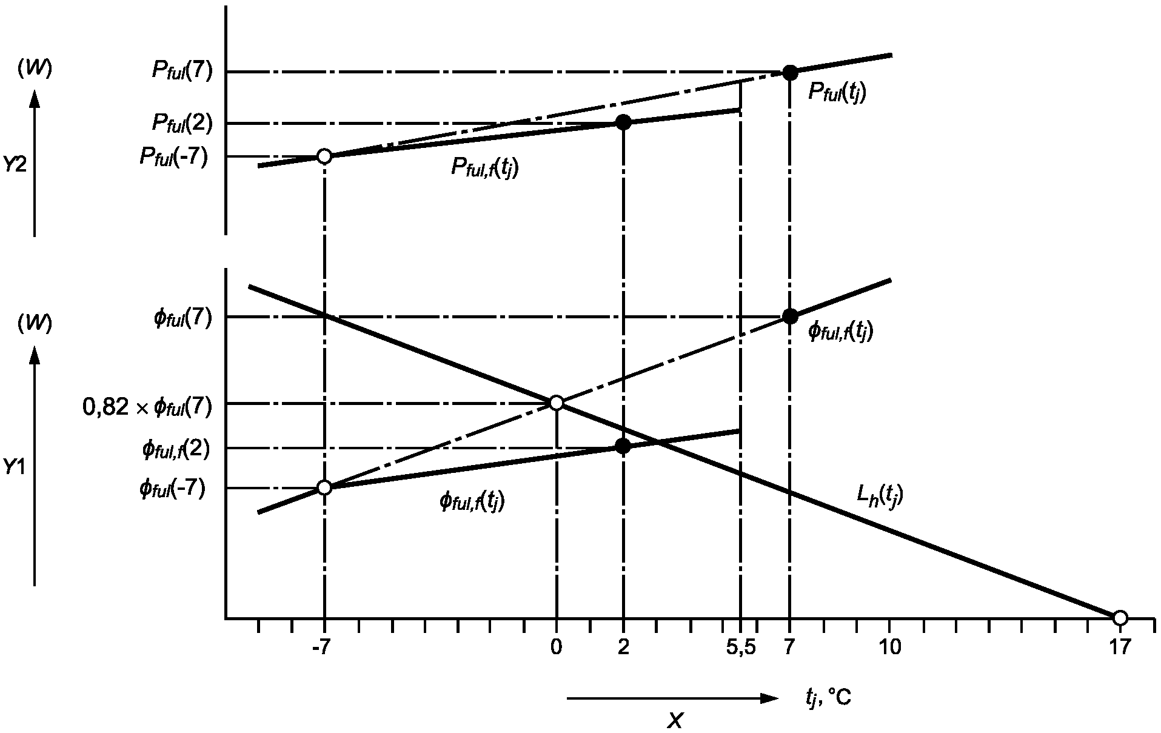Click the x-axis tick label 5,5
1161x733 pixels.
[x=740, y=648]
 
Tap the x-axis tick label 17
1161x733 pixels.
[x=1119, y=648]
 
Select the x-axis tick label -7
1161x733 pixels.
[x=321, y=648]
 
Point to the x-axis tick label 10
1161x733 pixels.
[x=889, y=648]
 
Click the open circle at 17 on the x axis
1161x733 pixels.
[x=1120, y=618]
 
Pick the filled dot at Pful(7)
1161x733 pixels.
[x=789, y=73]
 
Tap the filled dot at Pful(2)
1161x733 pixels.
[x=623, y=122]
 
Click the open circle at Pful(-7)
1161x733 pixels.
[x=324, y=156]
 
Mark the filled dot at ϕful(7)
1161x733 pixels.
[x=789, y=316]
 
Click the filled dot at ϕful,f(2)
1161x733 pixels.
[x=623, y=446]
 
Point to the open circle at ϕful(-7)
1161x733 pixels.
[x=324, y=487]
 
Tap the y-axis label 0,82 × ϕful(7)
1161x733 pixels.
[x=147, y=407]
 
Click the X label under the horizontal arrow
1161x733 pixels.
[x=675, y=720]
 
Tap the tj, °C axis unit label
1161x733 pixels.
[x=828, y=698]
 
